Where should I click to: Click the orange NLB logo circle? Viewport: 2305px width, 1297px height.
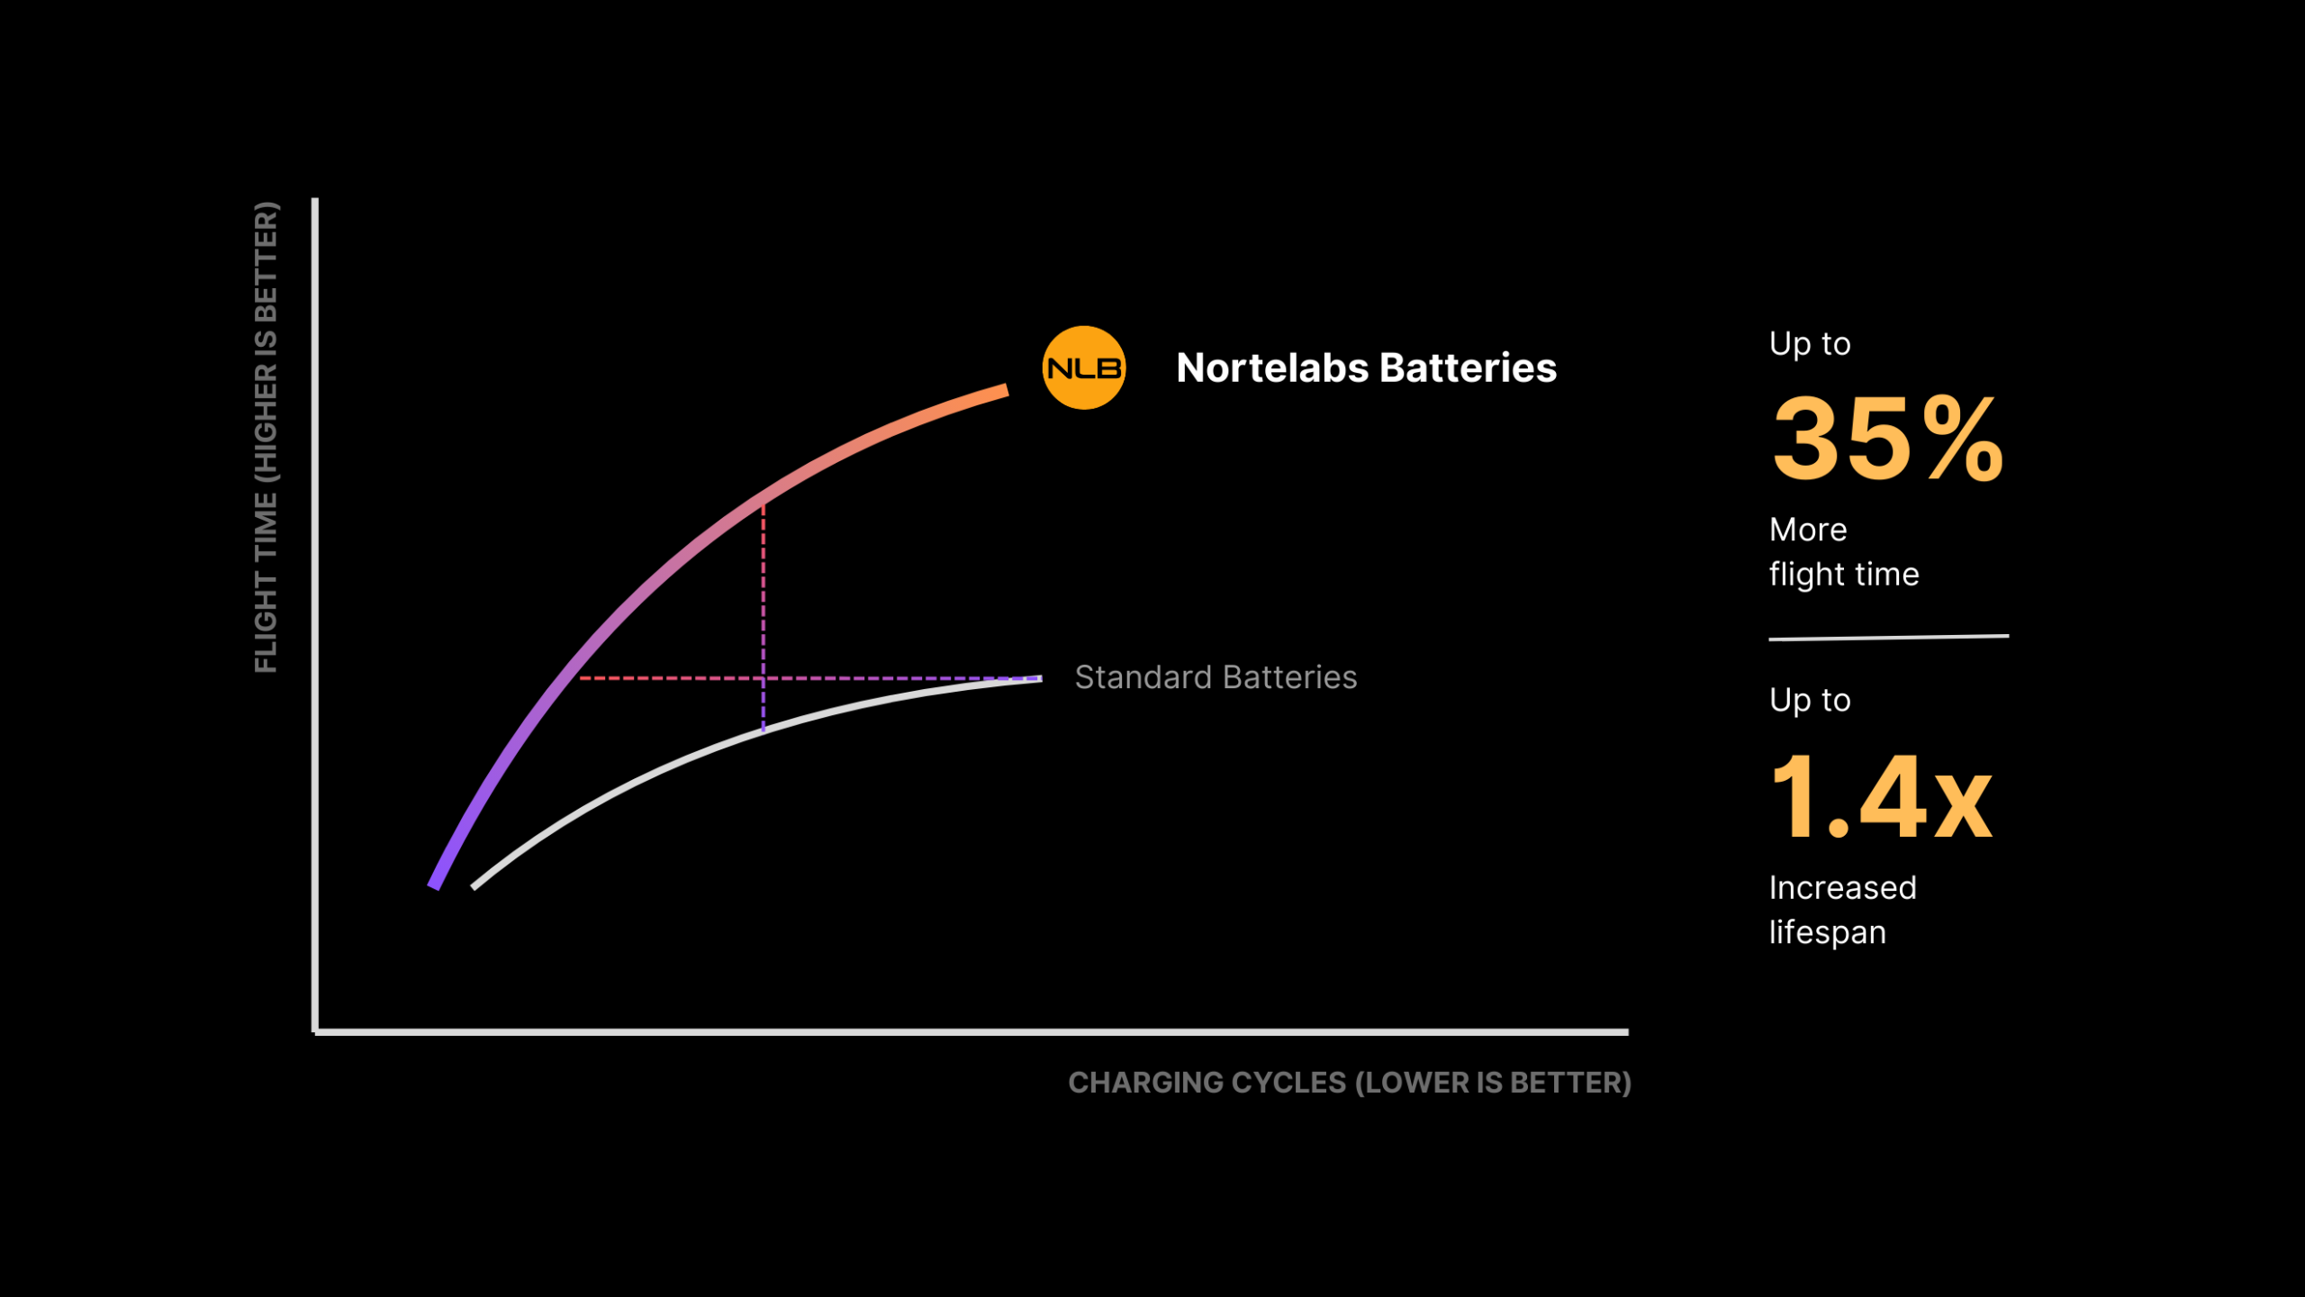coord(1083,367)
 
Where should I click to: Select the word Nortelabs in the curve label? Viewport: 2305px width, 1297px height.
coord(1271,367)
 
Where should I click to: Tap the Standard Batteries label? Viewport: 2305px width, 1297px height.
coord(1216,677)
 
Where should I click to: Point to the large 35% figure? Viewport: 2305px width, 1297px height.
coord(1888,440)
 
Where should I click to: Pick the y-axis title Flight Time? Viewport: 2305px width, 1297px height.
coord(267,437)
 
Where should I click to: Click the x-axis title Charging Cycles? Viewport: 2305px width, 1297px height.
coord(1350,1083)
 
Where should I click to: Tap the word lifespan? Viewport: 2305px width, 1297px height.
coord(1827,932)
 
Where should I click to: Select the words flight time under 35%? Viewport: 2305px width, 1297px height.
coord(1844,574)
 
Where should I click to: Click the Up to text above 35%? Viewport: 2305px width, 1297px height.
coord(1810,343)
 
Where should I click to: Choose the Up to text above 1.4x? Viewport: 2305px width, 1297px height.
coord(1810,700)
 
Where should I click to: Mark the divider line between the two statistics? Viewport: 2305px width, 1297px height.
coord(1889,637)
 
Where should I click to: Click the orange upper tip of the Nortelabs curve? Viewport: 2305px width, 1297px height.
coord(1006,390)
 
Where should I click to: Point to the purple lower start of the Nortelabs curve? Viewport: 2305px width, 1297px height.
coord(434,886)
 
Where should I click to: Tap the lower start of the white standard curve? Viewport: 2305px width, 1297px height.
coord(474,887)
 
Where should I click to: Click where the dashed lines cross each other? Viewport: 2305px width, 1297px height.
coord(764,678)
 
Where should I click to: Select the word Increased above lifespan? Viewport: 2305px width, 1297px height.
coord(1842,888)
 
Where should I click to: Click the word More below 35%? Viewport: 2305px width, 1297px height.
coord(1808,530)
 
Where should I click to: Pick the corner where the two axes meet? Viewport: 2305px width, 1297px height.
coord(315,1032)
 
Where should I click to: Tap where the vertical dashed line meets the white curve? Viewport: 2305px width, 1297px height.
coord(764,730)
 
